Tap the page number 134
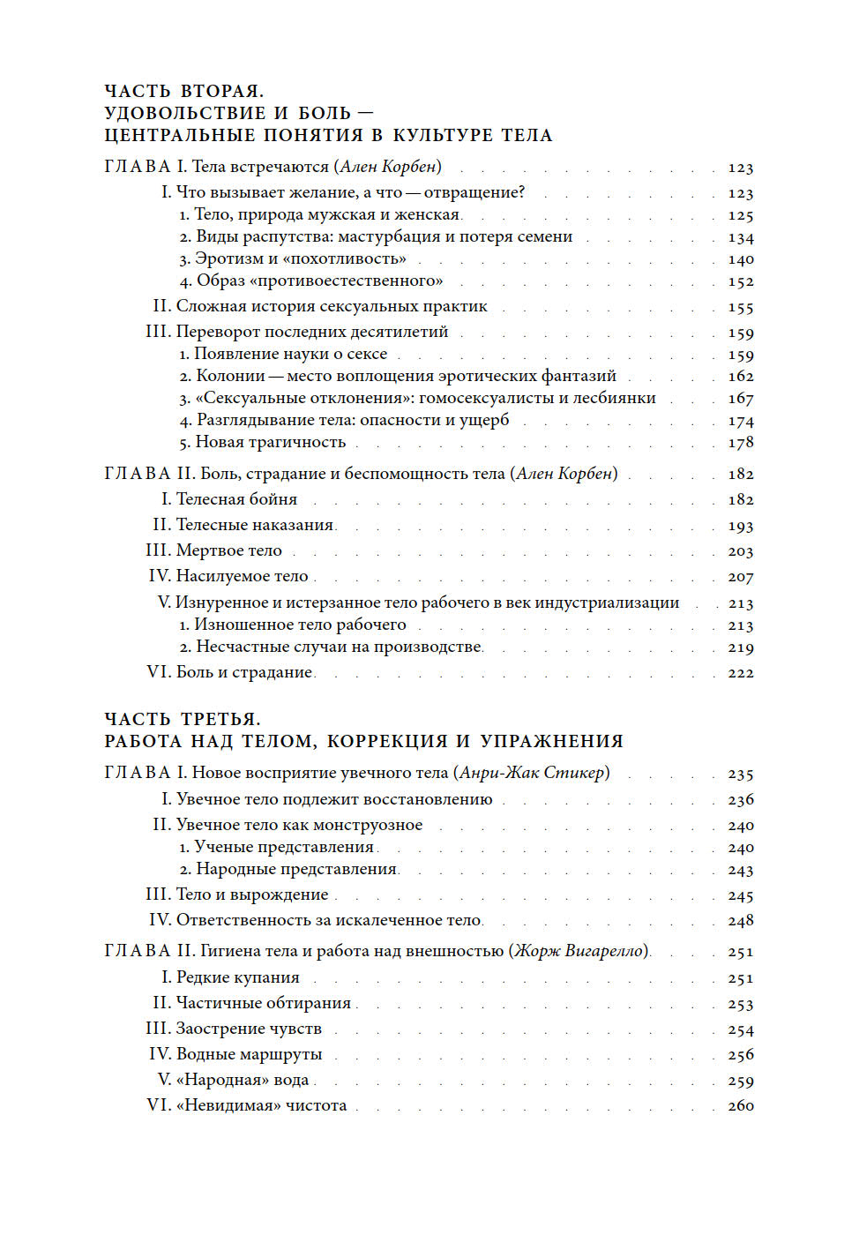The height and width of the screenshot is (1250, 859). [740, 238]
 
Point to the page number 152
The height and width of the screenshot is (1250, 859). [740, 282]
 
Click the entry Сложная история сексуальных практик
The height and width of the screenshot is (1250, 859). [332, 307]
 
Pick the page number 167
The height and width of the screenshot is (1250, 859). [740, 399]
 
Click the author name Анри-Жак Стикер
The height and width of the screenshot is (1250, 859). [532, 774]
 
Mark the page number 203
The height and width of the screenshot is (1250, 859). [740, 552]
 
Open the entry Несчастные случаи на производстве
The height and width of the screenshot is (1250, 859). [339, 647]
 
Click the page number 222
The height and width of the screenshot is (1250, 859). [740, 673]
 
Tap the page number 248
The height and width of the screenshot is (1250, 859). [740, 921]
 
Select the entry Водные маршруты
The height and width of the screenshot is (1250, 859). [249, 1055]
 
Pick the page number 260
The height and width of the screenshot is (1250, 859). [740, 1106]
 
